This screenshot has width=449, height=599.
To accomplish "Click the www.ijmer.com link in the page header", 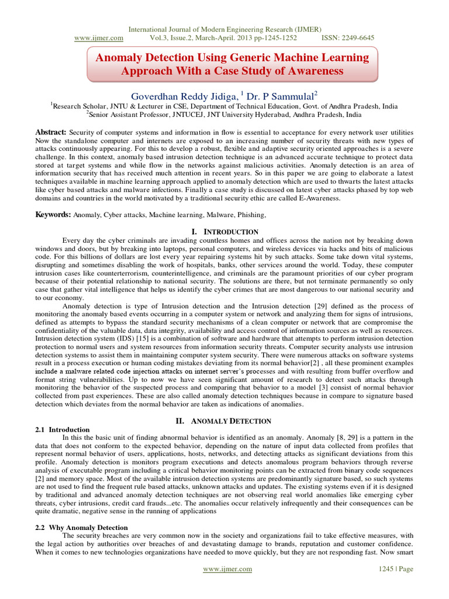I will pyautogui.click(x=99, y=38).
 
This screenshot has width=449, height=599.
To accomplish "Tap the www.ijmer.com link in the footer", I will pyautogui.click(x=227, y=569).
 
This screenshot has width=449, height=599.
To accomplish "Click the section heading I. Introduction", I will pyautogui.click(x=224, y=232).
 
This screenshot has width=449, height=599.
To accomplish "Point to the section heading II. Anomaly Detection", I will pyautogui.click(x=224, y=421).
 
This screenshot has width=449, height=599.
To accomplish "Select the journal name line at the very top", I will pyautogui.click(x=224, y=29).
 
